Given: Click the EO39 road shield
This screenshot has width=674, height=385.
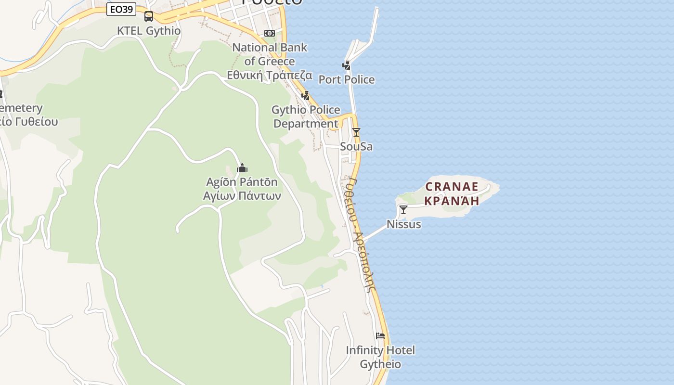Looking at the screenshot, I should (121, 9).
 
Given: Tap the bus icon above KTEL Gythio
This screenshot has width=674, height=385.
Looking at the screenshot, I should (149, 16).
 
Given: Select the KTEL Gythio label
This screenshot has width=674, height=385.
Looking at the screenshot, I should (149, 31).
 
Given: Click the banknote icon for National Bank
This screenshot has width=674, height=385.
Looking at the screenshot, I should (270, 33).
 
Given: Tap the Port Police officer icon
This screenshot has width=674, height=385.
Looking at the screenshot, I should (346, 65).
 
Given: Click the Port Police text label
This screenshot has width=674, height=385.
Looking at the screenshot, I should (347, 79).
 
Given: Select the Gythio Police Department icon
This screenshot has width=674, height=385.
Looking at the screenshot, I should (305, 95).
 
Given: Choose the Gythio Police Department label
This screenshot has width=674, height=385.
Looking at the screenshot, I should (306, 116).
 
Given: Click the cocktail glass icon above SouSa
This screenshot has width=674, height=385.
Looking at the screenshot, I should (356, 132).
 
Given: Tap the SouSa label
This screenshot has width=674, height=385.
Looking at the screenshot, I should (356, 146).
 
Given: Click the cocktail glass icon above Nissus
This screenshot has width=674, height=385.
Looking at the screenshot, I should (403, 209).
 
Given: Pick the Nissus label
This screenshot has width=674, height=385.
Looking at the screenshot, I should (404, 224).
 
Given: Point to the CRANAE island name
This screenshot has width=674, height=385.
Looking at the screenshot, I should (452, 187).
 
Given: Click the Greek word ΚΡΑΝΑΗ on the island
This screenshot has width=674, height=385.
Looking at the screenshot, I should (452, 201).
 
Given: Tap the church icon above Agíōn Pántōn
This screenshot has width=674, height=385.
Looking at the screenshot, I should (242, 168).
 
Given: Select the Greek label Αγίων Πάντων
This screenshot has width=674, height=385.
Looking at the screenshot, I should (242, 196).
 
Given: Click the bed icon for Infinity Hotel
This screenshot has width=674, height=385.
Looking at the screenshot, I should (380, 336).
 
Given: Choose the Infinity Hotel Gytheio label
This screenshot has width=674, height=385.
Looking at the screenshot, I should (380, 357).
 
